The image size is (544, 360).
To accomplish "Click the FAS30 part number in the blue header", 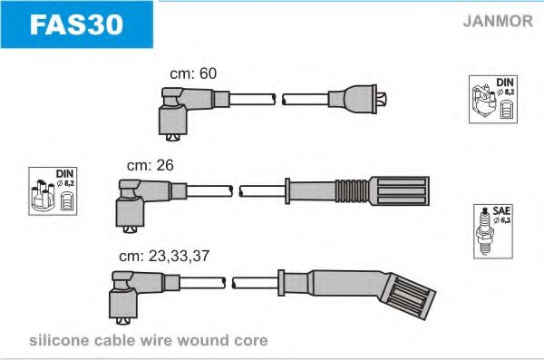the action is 76,24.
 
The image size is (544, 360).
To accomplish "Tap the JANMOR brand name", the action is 498,21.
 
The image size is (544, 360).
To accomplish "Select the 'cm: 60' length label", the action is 193,73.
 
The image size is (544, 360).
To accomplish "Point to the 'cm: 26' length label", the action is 151,166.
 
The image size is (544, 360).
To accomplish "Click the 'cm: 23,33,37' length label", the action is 164,257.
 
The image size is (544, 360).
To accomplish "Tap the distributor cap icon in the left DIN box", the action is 43,196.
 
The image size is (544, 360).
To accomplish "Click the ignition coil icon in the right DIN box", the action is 484,102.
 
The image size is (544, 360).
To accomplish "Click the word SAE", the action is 501,210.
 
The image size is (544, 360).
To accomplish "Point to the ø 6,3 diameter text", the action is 502,220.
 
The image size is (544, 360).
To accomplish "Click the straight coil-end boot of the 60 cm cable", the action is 352,99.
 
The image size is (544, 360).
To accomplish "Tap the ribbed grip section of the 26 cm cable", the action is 352,191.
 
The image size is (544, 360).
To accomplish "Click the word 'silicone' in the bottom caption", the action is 59,341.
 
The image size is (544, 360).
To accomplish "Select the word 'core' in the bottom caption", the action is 251,341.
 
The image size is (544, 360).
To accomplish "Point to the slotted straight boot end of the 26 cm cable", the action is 399,191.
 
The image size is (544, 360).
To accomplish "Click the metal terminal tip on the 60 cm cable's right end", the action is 382,99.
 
